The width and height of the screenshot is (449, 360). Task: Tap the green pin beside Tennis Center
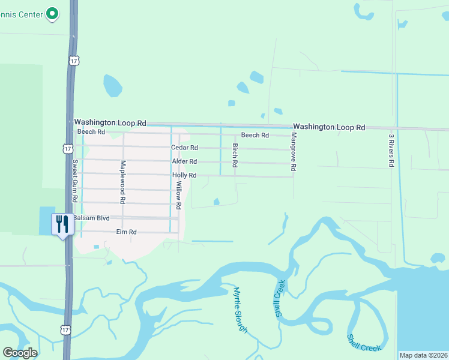(x=52, y=13)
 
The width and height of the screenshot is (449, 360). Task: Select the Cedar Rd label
(x=184, y=148)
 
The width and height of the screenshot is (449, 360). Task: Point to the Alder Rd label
(x=184, y=161)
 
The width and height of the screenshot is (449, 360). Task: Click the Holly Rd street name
(x=184, y=175)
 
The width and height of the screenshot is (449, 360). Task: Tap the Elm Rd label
(x=127, y=232)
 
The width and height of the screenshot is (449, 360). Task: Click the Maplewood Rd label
(x=122, y=181)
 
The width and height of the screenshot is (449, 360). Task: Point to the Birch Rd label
(x=235, y=155)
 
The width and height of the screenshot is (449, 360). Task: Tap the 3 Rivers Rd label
(x=391, y=149)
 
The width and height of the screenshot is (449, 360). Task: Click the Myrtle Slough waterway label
(x=240, y=310)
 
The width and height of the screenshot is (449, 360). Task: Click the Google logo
(x=20, y=353)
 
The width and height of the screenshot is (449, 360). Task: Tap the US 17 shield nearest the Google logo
(x=64, y=330)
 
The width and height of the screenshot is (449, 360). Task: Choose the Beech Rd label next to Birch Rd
(x=255, y=136)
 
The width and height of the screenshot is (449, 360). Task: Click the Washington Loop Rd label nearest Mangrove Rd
(x=329, y=127)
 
